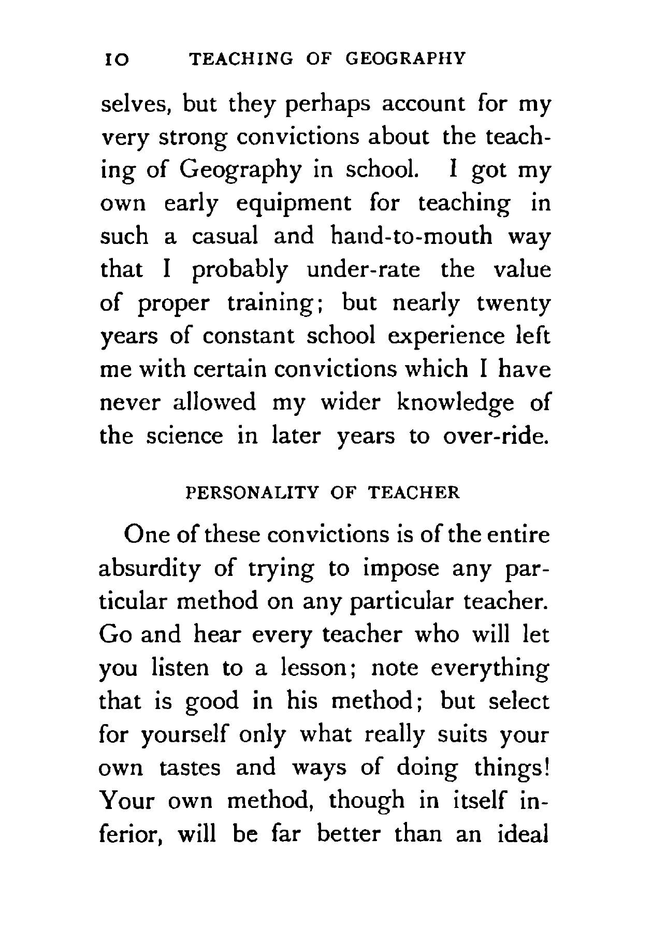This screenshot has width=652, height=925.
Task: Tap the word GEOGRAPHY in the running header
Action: coord(405,58)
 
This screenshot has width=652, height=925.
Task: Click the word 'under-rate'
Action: coord(364,270)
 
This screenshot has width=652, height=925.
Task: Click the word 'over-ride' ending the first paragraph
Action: coord(496,436)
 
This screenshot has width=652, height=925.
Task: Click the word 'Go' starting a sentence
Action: coord(113,635)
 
